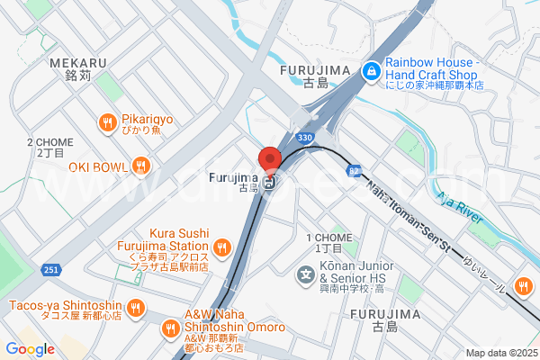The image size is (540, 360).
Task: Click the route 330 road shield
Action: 305,138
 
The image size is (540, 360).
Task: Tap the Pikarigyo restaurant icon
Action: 107,123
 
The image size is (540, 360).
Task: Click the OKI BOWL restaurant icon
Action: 140,166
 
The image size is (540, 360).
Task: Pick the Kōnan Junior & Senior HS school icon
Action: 306,272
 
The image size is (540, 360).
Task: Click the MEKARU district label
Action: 78,63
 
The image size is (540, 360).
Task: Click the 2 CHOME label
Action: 50,142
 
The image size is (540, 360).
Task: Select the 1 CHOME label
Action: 328,238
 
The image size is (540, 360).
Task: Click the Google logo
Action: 30,349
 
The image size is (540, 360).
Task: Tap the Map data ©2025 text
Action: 500,353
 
